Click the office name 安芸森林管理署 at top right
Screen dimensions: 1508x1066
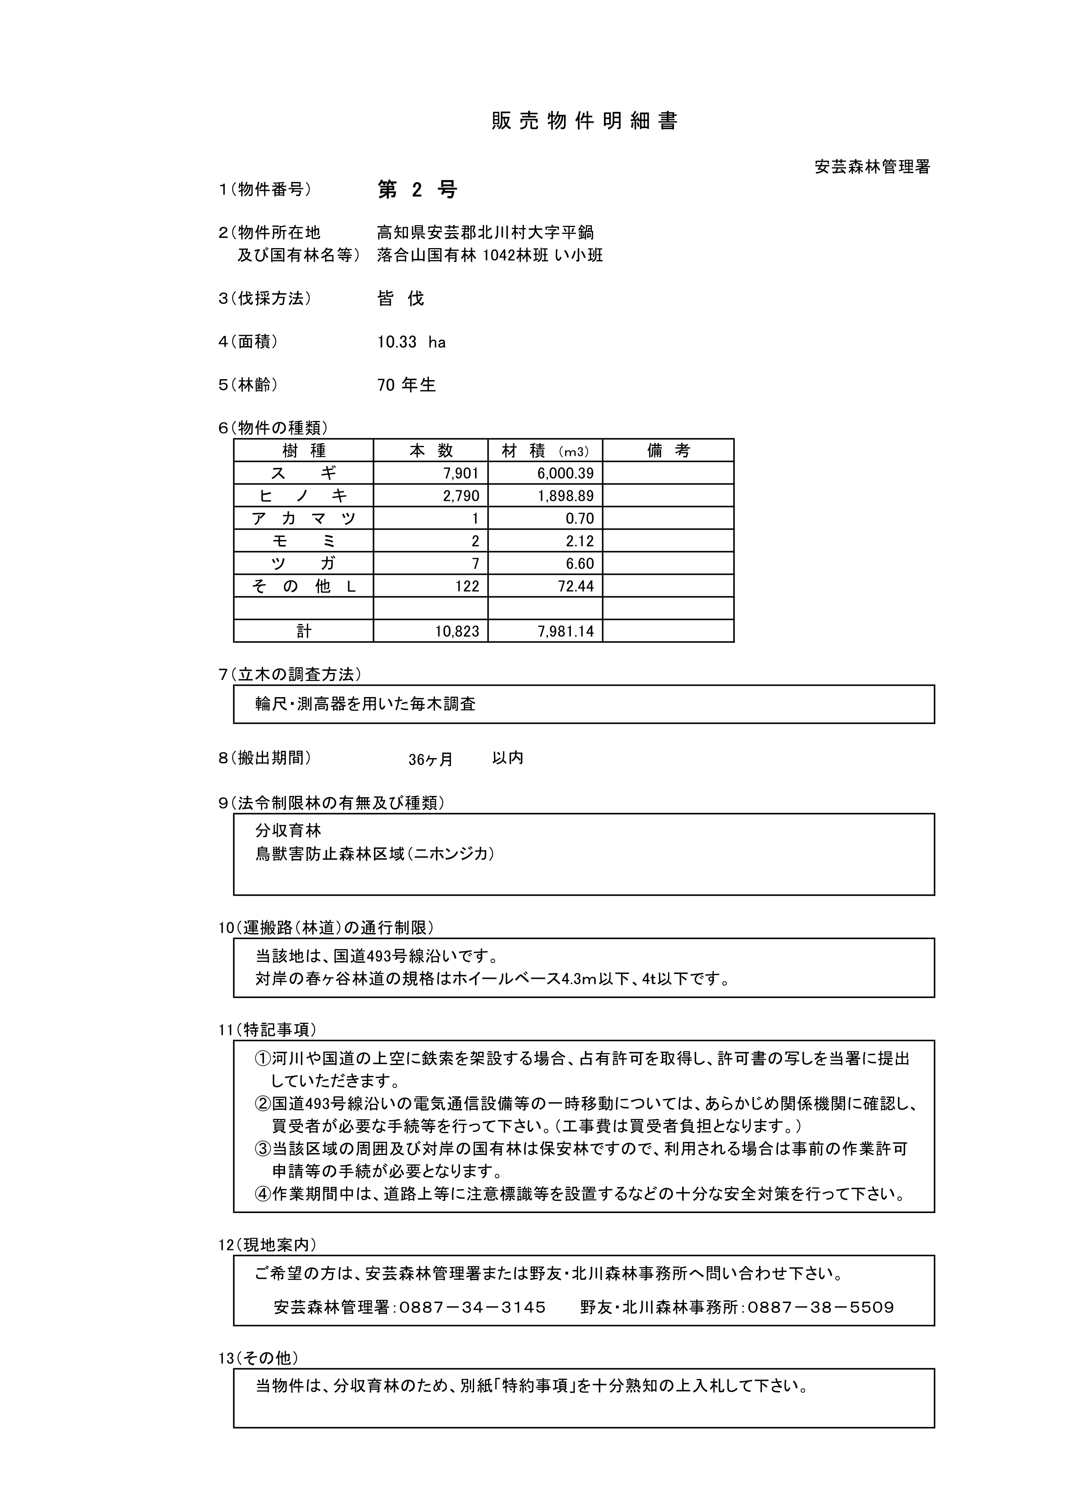(x=873, y=167)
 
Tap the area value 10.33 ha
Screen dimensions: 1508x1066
(x=411, y=342)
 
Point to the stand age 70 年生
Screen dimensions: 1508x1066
(x=406, y=385)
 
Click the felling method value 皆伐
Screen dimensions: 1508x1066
(x=401, y=299)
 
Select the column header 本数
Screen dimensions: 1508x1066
(x=431, y=451)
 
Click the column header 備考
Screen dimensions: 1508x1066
(x=668, y=451)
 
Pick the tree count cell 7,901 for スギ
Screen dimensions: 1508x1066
(x=462, y=473)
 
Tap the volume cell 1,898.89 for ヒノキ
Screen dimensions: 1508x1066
(x=566, y=496)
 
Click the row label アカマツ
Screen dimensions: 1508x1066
(x=303, y=519)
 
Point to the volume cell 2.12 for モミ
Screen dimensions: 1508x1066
(x=579, y=541)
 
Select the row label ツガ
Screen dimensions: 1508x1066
(x=303, y=564)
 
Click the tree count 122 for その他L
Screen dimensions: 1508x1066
(x=467, y=587)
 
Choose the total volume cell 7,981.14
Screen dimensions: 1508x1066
(x=566, y=632)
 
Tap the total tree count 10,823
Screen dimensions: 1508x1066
(x=457, y=632)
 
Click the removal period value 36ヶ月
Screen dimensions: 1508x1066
(x=431, y=760)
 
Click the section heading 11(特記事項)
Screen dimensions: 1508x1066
(x=267, y=1030)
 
